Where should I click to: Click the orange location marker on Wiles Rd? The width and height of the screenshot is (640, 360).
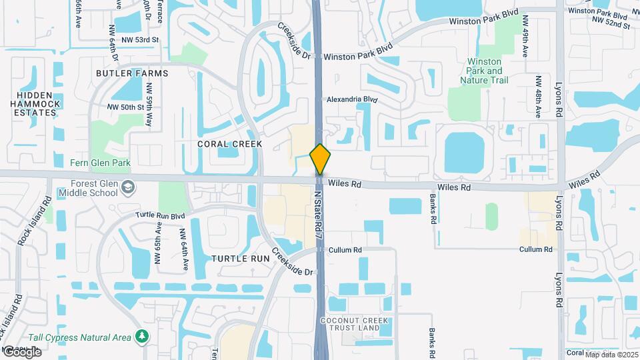(320, 159)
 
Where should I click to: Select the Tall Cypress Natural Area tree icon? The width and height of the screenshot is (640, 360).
(141, 337)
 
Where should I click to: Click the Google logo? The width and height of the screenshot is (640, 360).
(21, 352)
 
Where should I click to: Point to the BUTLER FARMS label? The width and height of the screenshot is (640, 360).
(132, 73)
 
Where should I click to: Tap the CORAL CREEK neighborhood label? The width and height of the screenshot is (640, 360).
(229, 143)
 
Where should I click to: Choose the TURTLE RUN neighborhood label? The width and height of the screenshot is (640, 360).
(239, 258)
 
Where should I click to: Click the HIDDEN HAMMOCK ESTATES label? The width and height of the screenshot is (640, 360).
(35, 104)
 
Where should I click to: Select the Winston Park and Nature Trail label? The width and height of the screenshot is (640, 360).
(484, 71)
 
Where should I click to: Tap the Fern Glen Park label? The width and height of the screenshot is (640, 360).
(100, 163)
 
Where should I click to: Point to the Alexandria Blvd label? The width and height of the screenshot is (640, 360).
(351, 99)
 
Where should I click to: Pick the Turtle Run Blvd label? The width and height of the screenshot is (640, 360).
(160, 215)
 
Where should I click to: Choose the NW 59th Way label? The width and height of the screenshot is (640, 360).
(149, 110)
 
